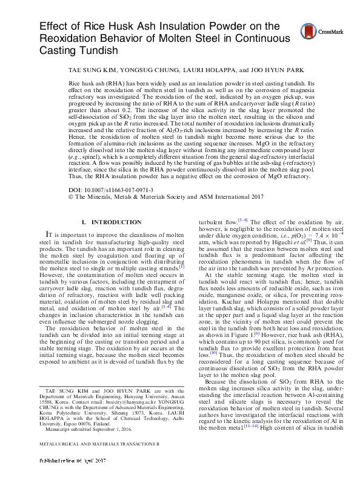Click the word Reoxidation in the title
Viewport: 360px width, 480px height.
click(x=68, y=38)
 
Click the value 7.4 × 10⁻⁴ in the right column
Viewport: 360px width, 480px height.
click(x=313, y=249)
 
